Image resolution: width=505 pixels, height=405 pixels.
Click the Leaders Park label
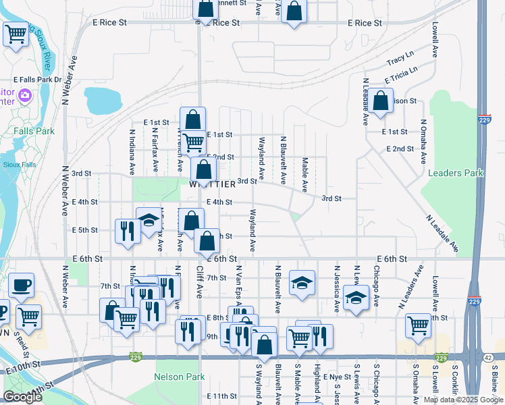point(456,173)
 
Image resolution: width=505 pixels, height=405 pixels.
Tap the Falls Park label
point(33,131)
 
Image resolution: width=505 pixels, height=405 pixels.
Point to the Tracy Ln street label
point(400,58)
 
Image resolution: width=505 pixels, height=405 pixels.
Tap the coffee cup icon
point(20,286)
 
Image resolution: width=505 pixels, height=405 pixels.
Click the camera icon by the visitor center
point(25,96)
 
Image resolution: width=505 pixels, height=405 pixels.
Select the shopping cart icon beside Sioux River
point(16,34)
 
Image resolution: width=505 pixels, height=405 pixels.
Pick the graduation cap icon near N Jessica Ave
point(355,296)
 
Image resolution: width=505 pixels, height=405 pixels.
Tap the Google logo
point(22,397)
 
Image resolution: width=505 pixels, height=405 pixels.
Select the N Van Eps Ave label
point(238,283)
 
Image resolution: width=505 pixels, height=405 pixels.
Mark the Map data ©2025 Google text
point(462,400)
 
